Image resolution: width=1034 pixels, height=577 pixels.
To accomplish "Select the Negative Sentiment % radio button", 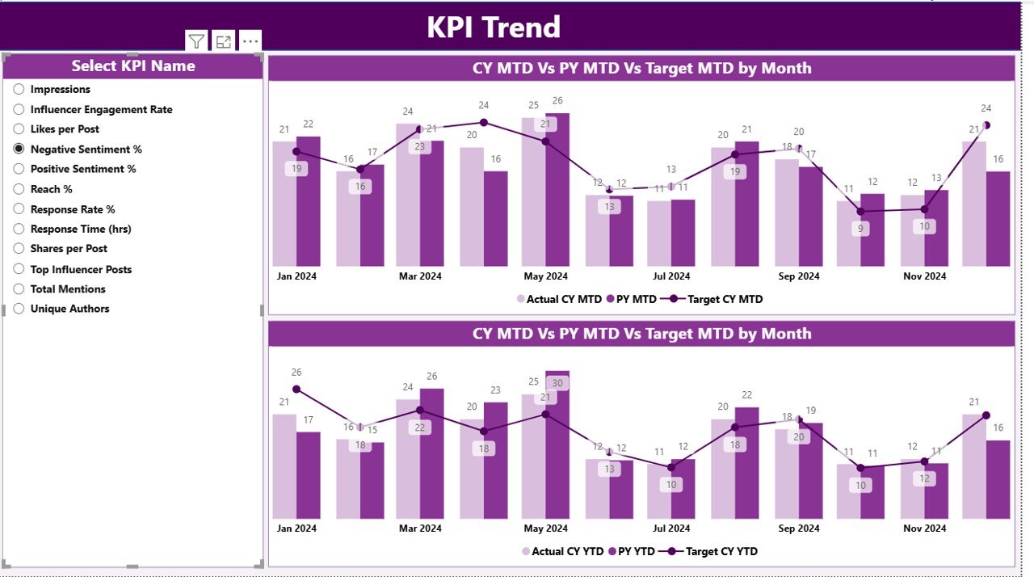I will [x=19, y=149].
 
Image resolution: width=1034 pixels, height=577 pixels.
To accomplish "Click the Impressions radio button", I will [x=19, y=89].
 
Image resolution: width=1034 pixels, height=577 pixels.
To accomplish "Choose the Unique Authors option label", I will [x=69, y=309].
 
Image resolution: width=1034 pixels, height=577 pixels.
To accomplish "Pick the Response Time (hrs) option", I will [x=80, y=229].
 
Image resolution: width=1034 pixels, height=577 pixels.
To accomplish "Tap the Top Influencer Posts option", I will [x=81, y=269].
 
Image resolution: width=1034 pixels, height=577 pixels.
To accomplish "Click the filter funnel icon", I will [x=196, y=41].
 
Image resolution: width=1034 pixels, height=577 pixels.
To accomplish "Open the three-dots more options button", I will [x=250, y=41].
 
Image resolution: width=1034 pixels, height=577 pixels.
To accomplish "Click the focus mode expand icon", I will [x=224, y=41].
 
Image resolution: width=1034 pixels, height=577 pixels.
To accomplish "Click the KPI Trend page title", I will [x=494, y=27].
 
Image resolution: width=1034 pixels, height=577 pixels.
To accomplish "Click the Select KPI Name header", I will [x=133, y=66].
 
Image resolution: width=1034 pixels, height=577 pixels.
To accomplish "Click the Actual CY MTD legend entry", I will [x=560, y=299].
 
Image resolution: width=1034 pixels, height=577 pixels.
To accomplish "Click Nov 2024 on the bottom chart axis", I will [x=924, y=529].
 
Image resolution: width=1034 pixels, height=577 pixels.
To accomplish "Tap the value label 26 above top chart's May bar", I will [x=557, y=101].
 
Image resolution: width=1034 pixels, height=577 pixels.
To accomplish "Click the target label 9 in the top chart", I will [x=860, y=229].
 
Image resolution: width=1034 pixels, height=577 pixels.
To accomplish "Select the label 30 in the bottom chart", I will [x=557, y=383].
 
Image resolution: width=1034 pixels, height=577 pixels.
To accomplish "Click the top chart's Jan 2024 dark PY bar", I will [x=308, y=202].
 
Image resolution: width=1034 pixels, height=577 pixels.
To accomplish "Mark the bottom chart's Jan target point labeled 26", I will [x=296, y=389].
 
